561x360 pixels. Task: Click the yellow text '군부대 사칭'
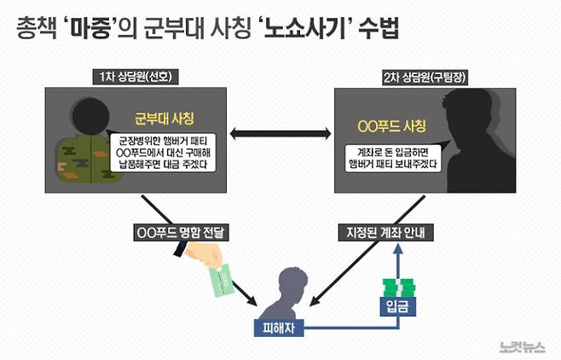coord(165,117)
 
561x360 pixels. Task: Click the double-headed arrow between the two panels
coord(276,132)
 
